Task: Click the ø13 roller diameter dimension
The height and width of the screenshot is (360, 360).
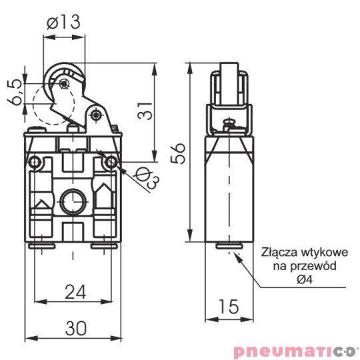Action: [x=64, y=21]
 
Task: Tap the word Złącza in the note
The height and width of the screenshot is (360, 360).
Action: [x=278, y=253]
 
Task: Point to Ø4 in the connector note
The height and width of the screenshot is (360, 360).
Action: [x=304, y=279]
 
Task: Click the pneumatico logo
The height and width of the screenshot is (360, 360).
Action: [x=295, y=350]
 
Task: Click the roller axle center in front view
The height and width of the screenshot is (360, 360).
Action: [x=62, y=83]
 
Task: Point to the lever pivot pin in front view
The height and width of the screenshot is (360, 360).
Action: [x=97, y=115]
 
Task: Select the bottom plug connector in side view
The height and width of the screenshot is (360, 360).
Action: [x=229, y=247]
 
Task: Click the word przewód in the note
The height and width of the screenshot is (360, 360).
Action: [x=316, y=266]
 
